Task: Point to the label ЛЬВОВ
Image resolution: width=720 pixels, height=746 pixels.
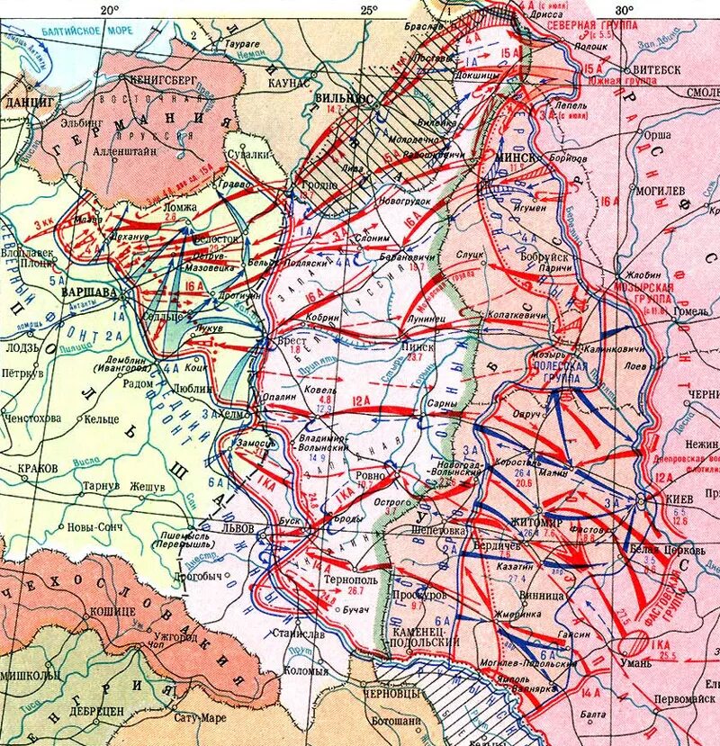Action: [249, 528]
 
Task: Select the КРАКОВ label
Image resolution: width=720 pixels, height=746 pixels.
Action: [37, 469]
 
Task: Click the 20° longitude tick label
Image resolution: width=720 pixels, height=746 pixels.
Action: [109, 10]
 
